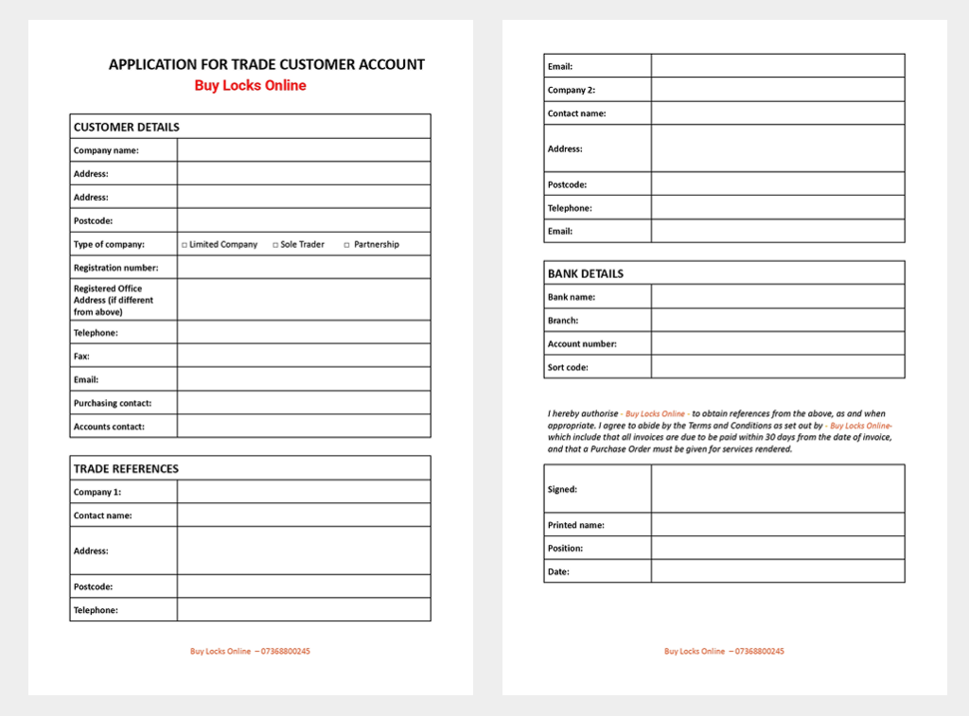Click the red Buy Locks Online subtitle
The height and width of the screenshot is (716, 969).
(x=250, y=85)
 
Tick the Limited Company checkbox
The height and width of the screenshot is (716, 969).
(x=185, y=245)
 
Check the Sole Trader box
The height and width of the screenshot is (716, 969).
(x=276, y=245)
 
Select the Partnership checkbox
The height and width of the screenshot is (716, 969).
(x=346, y=245)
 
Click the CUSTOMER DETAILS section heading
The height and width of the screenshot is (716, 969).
(x=126, y=127)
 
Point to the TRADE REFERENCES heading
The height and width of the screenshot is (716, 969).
(x=126, y=468)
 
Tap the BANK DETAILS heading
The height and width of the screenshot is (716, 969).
(x=585, y=273)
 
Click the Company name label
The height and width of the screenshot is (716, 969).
(x=106, y=150)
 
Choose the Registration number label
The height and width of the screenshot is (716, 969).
(x=115, y=268)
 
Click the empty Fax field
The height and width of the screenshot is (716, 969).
(x=303, y=356)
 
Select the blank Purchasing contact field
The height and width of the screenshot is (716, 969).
(x=303, y=403)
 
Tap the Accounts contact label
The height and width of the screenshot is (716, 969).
(x=109, y=427)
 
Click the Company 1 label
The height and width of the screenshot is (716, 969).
(x=97, y=492)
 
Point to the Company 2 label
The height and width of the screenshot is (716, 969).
(x=571, y=90)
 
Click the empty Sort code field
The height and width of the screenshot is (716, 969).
(x=777, y=367)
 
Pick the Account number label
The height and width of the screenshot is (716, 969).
(x=582, y=344)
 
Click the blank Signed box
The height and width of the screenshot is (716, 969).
(x=777, y=489)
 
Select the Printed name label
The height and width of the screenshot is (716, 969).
(x=575, y=525)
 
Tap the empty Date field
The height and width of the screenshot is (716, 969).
(x=777, y=571)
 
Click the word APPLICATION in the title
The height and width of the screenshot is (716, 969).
(x=149, y=65)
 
